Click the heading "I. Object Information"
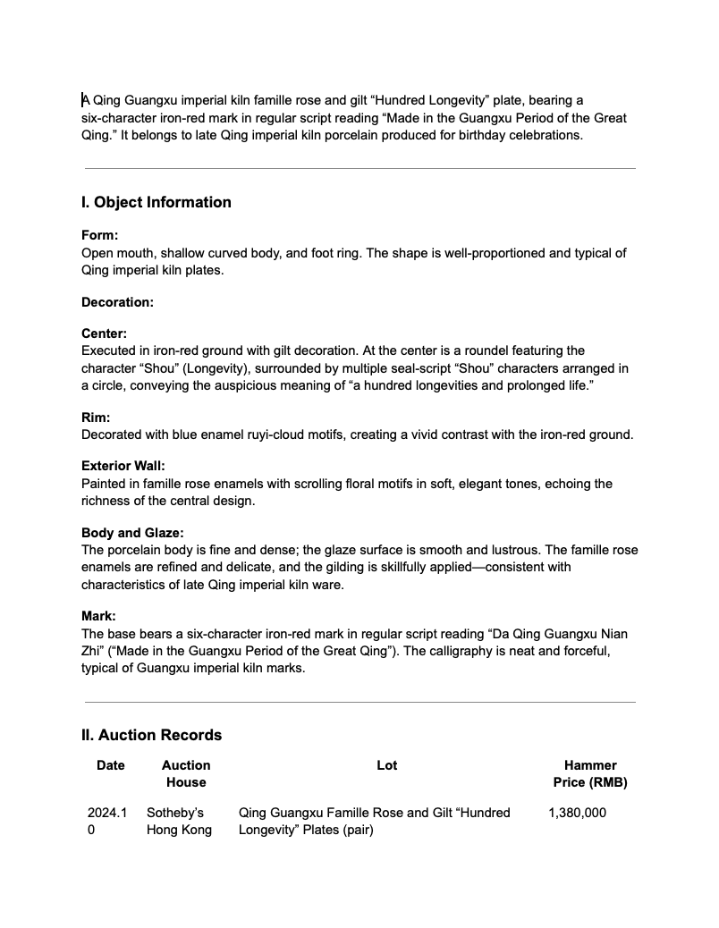[156, 202]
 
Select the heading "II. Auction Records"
[152, 735]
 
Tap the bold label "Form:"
[99, 235]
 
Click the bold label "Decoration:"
[117, 302]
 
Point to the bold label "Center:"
[104, 333]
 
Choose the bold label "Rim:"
[96, 418]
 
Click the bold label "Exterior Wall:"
[123, 466]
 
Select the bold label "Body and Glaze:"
[132, 533]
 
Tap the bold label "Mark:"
[98, 616]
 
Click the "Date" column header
[111, 765]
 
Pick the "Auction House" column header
[186, 773]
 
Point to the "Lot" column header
[387, 765]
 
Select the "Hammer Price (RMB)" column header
[590, 773]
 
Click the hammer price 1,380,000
[578, 813]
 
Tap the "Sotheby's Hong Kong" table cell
[179, 821]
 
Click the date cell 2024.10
[107, 821]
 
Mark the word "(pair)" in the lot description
[355, 830]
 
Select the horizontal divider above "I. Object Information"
[359, 168]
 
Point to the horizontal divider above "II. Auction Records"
[359, 702]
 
